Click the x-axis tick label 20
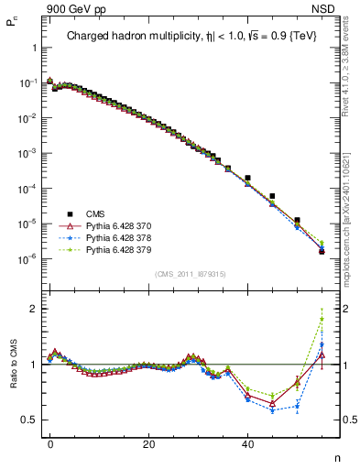tap(148, 443)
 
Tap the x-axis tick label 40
tap(247, 443)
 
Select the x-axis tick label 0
tap(50, 443)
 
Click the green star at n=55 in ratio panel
tap(322, 320)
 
